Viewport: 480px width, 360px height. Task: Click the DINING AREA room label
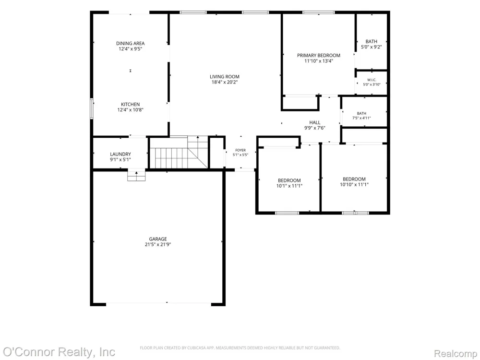point(130,44)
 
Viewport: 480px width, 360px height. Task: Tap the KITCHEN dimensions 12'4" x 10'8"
point(131,110)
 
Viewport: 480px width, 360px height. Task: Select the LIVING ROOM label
point(225,76)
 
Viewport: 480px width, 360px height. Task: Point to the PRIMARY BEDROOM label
point(319,55)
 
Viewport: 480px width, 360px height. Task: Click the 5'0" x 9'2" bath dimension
point(372,47)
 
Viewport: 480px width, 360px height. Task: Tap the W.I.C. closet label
point(372,80)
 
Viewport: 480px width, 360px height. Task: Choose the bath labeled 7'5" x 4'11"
point(361,115)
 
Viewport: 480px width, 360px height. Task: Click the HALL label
point(315,122)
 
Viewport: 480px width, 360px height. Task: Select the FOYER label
point(240,150)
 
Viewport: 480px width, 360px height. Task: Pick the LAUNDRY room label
point(120,154)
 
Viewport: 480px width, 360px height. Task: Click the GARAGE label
point(158,239)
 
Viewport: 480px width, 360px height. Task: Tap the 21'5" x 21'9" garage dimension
point(158,245)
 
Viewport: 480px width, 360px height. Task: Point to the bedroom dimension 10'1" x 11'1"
point(289,186)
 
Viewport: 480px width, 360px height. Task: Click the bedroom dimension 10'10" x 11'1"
point(354,185)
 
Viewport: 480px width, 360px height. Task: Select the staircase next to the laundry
point(179,152)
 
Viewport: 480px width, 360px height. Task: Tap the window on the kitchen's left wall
point(92,108)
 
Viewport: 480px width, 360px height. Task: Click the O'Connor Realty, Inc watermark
point(59,352)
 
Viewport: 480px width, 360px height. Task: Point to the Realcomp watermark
point(456,354)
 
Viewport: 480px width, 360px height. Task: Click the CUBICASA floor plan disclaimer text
point(240,348)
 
